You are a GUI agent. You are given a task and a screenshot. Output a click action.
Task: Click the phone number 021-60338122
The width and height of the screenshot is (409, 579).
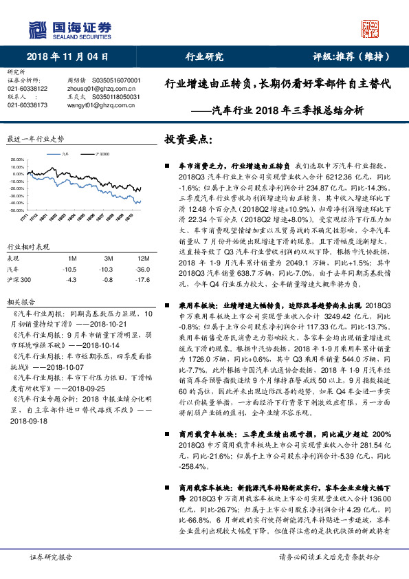coord(27,89)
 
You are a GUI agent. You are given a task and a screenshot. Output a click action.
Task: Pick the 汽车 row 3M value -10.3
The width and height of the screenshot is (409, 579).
coord(105,270)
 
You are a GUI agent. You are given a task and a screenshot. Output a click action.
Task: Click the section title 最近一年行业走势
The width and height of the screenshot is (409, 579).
coord(35,139)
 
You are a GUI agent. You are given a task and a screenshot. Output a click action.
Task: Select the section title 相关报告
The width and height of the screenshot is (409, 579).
coord(18,301)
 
